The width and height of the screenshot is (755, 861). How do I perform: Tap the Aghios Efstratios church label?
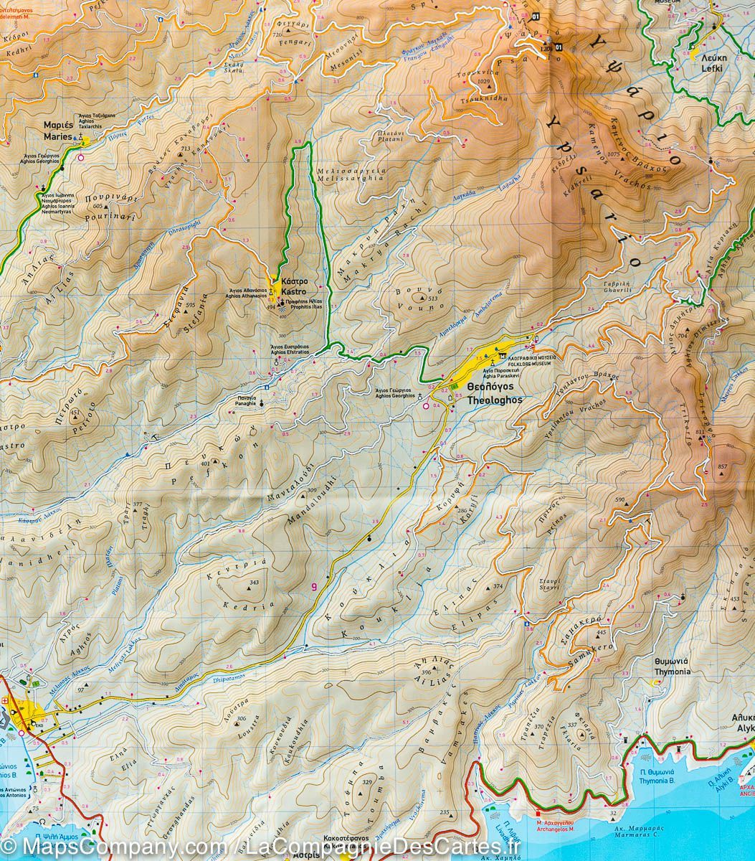[290, 349]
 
